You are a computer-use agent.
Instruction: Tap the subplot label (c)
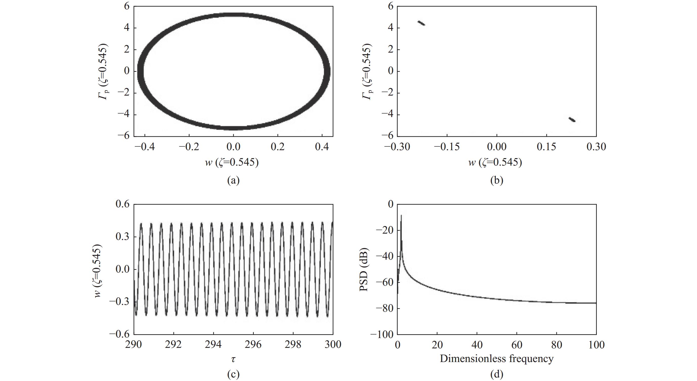click(x=233, y=374)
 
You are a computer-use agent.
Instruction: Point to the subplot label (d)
click(x=497, y=374)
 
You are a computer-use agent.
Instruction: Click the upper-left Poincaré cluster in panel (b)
click(x=421, y=23)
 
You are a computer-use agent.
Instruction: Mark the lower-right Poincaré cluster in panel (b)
click(x=572, y=120)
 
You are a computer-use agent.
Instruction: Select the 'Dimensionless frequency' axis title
click(x=497, y=358)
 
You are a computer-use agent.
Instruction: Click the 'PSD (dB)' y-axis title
click(x=364, y=269)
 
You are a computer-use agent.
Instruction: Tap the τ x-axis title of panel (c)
click(x=233, y=359)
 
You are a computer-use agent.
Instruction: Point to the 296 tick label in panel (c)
click(x=253, y=345)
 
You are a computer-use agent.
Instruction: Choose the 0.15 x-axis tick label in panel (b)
click(x=546, y=147)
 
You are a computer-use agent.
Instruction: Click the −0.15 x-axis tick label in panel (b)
click(x=447, y=147)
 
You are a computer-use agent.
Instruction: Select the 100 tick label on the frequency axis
click(x=596, y=345)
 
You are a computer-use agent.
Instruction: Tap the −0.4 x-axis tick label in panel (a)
click(x=144, y=147)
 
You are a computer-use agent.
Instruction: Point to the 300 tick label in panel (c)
click(x=332, y=345)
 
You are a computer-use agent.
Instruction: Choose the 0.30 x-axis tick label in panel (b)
click(x=596, y=147)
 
